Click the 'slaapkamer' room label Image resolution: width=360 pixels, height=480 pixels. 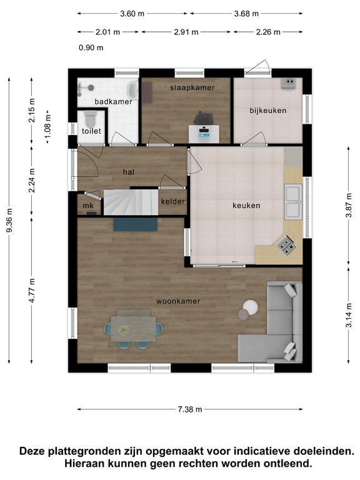[192, 87]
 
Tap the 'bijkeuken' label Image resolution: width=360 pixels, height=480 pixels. [268, 111]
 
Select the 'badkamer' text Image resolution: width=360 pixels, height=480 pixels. [113, 102]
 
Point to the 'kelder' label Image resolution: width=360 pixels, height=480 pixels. [173, 201]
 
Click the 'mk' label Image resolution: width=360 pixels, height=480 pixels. [88, 206]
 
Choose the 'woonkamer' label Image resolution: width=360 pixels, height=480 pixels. [178, 301]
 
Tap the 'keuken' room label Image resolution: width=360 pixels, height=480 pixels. [246, 206]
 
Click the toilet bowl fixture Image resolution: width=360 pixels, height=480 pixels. [90, 119]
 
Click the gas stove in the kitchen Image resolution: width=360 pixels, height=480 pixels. [286, 246]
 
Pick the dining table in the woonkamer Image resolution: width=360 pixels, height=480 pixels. [134, 329]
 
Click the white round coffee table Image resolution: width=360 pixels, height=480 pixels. [251, 307]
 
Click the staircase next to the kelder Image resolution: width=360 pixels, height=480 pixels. [131, 202]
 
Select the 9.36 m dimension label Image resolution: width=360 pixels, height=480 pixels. [9, 220]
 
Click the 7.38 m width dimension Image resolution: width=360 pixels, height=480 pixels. [190, 409]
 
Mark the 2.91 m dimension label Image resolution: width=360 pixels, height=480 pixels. [186, 32]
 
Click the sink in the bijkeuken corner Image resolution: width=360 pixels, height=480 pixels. [288, 83]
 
